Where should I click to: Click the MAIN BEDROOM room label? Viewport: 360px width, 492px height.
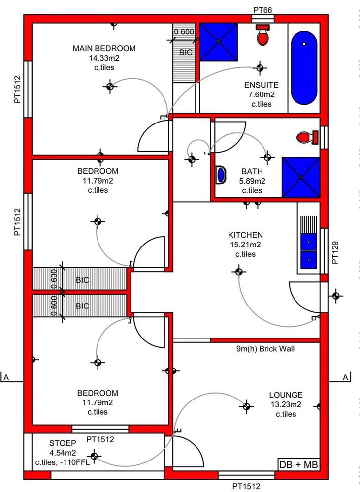coord(104,48)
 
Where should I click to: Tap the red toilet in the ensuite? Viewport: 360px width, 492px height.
coord(263,34)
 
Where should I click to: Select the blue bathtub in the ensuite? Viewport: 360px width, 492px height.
coord(304,67)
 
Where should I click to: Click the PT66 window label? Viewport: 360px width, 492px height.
coord(262,10)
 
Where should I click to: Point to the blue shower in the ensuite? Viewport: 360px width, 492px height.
coord(219,41)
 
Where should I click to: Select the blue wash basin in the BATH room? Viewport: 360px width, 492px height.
coord(221,175)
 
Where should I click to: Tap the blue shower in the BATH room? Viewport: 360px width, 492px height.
coord(300,177)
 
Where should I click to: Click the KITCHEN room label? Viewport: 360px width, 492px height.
coord(245,235)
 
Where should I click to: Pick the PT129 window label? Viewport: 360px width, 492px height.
coord(335,252)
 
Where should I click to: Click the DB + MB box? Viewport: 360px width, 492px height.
coord(298,465)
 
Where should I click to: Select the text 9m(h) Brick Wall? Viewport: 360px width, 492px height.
coord(265,349)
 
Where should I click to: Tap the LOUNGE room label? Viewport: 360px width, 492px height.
coord(286,395)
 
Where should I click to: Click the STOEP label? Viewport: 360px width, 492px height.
coord(63,443)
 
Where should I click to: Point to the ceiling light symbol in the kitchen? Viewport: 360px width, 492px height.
coord(239,271)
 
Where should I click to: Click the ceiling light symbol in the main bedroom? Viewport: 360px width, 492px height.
coord(110,87)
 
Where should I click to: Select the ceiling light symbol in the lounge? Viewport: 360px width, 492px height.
coord(246,407)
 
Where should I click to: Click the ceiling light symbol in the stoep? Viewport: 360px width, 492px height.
coord(94,456)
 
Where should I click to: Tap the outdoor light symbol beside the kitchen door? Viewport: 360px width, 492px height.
coord(336,296)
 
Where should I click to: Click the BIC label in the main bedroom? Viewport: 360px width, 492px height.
coord(186,52)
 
